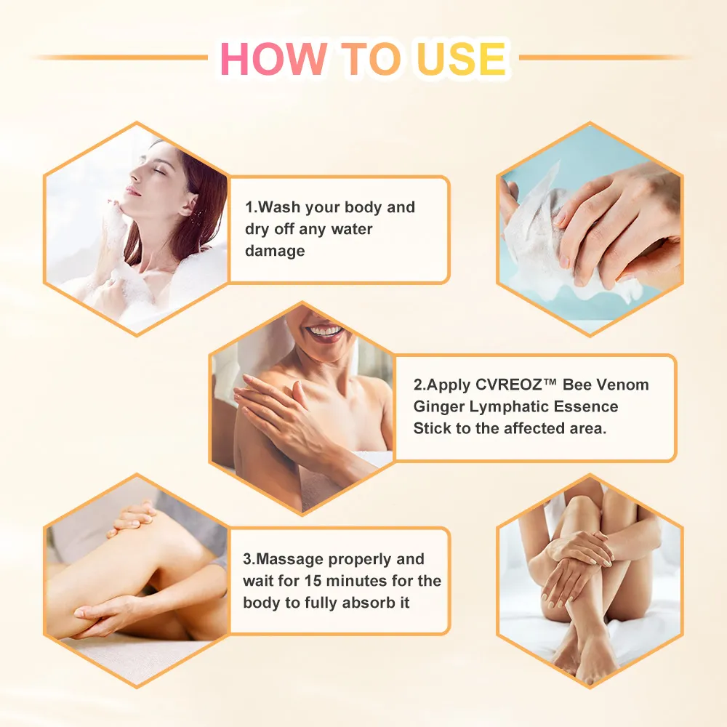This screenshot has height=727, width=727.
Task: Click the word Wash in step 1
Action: [x=273, y=207]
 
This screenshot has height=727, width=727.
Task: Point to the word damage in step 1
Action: [x=275, y=251]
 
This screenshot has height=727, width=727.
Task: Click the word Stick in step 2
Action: [x=432, y=428]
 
